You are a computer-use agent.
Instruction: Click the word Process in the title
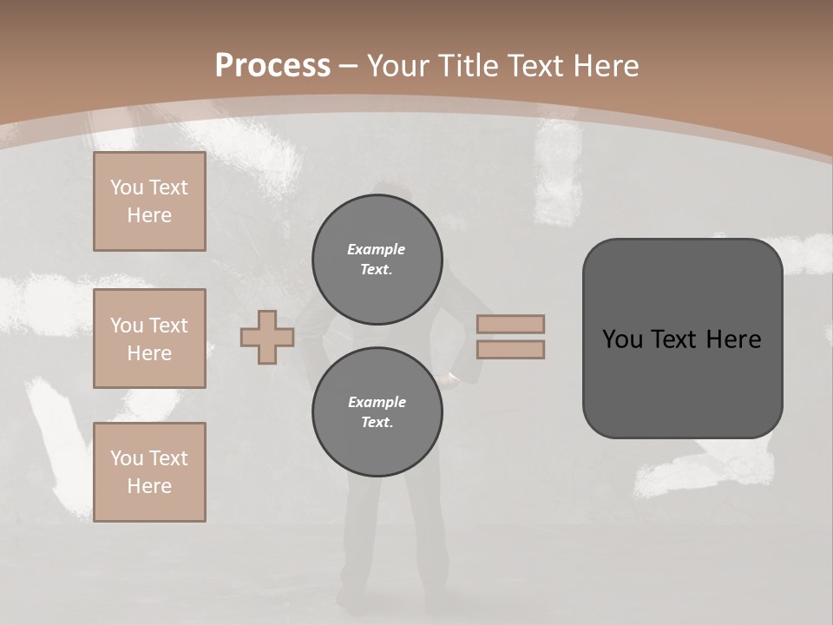(272, 65)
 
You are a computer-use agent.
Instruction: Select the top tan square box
(149, 201)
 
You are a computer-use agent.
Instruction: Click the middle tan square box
(149, 339)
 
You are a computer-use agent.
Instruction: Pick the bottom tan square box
(149, 472)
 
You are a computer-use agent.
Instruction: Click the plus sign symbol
(267, 337)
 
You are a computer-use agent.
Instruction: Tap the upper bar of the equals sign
(510, 324)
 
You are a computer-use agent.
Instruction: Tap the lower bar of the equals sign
(510, 349)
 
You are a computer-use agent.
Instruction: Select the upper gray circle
(377, 259)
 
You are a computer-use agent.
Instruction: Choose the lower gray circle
(377, 411)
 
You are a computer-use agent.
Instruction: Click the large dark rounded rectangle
(682, 339)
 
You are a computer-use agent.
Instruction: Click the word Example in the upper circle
(377, 249)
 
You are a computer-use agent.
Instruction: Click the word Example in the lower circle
(377, 402)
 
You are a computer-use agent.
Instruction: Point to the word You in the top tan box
(127, 187)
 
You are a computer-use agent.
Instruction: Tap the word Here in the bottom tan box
(149, 486)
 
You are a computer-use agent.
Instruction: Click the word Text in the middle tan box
(169, 326)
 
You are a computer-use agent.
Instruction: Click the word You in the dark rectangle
(622, 339)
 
